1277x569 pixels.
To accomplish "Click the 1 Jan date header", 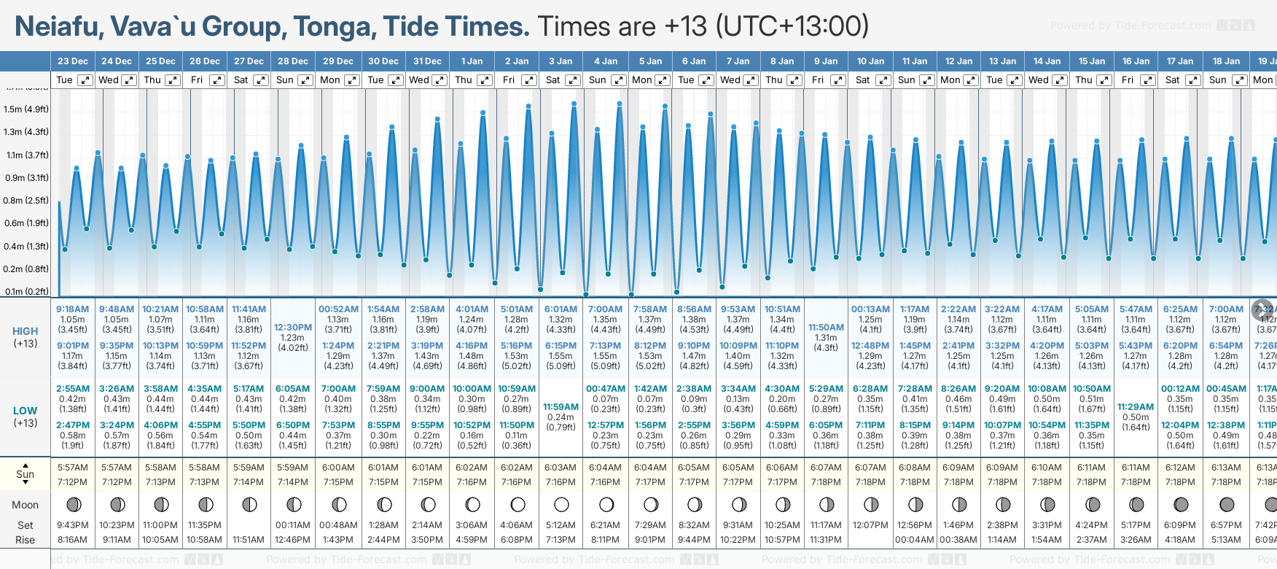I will pyautogui.click(x=472, y=61).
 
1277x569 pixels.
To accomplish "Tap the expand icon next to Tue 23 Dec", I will pyautogui.click(x=85, y=80).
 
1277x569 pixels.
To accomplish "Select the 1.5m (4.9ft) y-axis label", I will pyautogui.click(x=26, y=109).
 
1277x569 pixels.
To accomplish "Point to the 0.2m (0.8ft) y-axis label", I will pyautogui.click(x=26, y=268).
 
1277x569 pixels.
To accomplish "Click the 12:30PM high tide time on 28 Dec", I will pyautogui.click(x=293, y=328).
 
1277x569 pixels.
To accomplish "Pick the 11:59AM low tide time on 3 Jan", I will pyautogui.click(x=561, y=407).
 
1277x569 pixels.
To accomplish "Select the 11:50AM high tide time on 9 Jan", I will pyautogui.click(x=827, y=328).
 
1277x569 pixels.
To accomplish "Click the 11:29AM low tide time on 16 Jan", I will pyautogui.click(x=1136, y=407).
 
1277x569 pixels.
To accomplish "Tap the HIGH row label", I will pyautogui.click(x=26, y=331).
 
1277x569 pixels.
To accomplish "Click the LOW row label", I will pyautogui.click(x=26, y=411).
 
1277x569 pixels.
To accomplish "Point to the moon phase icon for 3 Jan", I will pyautogui.click(x=561, y=504).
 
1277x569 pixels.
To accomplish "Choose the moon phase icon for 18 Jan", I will pyautogui.click(x=1227, y=504).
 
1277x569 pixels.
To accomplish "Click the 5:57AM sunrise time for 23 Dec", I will pyautogui.click(x=72, y=468).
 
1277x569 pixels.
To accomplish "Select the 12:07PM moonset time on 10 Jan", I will pyautogui.click(x=870, y=525).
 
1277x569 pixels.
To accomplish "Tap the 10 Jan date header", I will pyautogui.click(x=870, y=61).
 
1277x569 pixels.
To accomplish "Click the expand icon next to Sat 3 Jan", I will pyautogui.click(x=573, y=80).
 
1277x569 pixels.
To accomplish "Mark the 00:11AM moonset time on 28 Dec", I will pyautogui.click(x=293, y=525).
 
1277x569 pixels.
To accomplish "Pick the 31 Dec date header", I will pyautogui.click(x=427, y=61).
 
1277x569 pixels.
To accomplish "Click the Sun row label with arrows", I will pyautogui.click(x=26, y=474).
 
